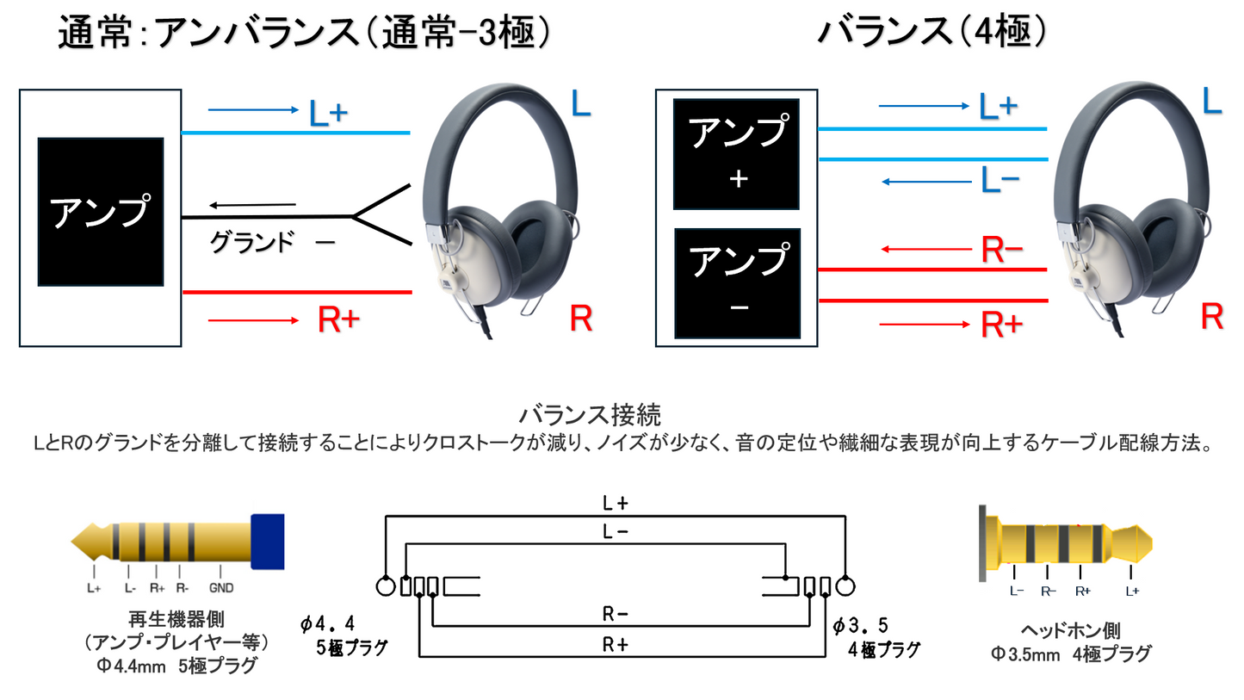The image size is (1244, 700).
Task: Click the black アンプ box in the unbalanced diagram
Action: pos(101,212)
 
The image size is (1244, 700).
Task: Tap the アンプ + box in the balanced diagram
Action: pos(736,154)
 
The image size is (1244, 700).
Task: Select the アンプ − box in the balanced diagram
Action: pos(738,283)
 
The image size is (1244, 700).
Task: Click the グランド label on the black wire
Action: pos(251,242)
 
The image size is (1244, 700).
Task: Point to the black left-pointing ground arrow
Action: pos(252,205)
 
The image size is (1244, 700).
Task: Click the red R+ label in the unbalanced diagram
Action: pos(339,319)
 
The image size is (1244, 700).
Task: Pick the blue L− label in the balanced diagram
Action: pos(1000,181)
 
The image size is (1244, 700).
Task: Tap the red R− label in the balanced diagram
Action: pos(1002,249)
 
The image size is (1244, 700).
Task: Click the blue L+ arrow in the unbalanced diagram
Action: pos(253,109)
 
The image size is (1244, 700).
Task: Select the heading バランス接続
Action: pos(590,414)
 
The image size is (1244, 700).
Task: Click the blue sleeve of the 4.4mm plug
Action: pos(268,542)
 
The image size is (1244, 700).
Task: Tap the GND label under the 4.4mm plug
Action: pos(221,588)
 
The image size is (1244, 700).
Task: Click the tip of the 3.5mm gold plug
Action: pos(1151,543)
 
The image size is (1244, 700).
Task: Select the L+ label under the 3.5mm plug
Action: pos(1132,592)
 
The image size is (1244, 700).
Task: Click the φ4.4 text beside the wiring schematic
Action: pos(327,624)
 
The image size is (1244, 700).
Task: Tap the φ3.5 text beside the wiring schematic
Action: pos(860,626)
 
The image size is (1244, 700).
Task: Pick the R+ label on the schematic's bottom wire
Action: pos(616,644)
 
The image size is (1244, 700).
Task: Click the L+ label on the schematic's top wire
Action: pos(616,504)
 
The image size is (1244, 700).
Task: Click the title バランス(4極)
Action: pos(931,31)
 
